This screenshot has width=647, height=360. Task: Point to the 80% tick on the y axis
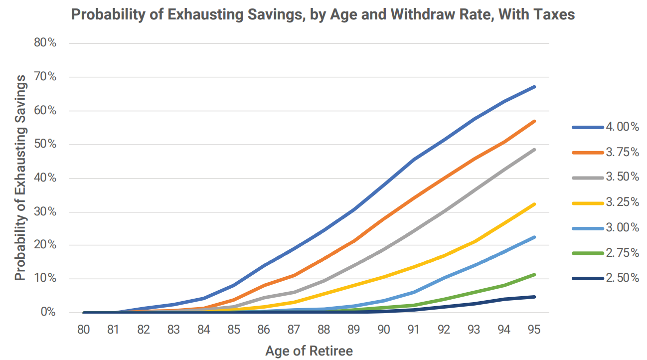point(45,43)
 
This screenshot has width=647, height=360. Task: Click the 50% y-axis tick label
point(45,144)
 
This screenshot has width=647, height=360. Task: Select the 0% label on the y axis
point(48,313)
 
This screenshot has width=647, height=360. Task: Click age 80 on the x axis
point(83,330)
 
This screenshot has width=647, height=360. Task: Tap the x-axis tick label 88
point(324,330)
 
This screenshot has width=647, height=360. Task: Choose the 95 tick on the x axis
point(534,330)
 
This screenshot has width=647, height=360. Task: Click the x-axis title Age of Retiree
point(309,351)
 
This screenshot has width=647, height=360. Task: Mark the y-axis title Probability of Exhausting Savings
point(20,178)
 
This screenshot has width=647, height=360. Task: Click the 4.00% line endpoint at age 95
point(534,87)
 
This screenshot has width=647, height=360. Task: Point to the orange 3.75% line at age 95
point(534,121)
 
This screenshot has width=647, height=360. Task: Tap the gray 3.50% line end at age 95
point(534,150)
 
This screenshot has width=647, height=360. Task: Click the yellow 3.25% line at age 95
point(534,204)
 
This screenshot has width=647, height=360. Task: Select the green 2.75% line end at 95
point(534,275)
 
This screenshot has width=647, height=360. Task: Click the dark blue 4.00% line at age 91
point(414,160)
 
